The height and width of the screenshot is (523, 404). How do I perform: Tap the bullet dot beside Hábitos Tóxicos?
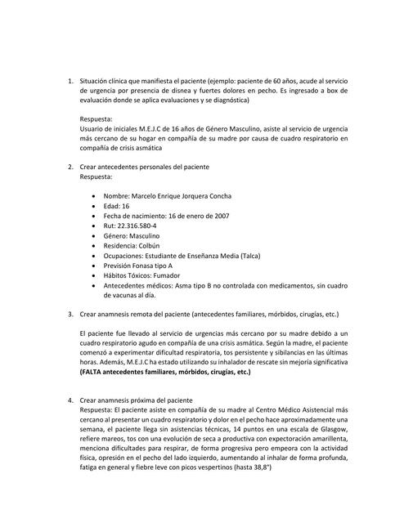point(96,275)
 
